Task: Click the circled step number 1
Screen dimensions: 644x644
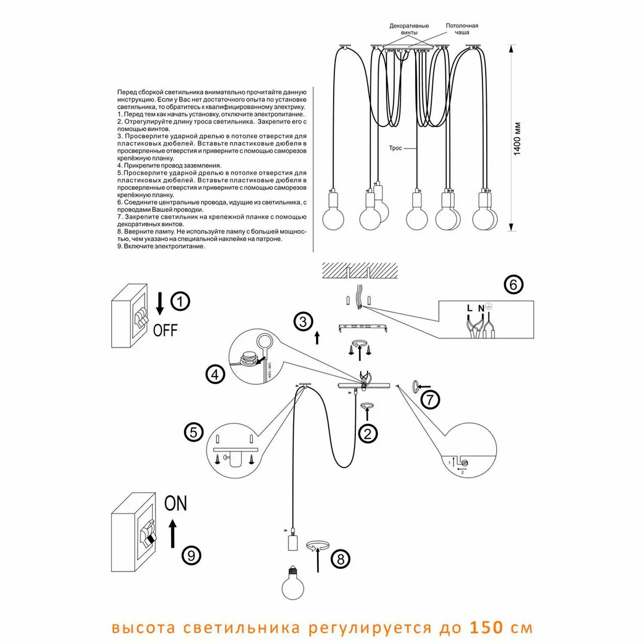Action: pos(180,302)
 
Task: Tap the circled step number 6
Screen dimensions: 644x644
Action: pos(514,285)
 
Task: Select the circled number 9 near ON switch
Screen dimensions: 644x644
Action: pos(191,556)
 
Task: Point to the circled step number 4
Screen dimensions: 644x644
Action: pos(215,374)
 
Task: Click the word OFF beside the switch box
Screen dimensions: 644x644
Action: pos(165,330)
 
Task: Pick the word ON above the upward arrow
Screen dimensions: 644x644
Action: pos(176,503)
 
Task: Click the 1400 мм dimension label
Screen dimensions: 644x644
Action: pos(517,139)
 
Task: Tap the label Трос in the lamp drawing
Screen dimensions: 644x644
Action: pos(395,148)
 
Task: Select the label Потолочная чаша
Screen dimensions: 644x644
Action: pos(462,29)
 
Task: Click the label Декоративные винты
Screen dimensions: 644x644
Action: pos(409,29)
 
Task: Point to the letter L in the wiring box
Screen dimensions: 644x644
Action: pos(470,308)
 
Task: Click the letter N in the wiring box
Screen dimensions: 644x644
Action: pos(481,309)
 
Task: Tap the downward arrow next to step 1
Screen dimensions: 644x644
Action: pos(160,304)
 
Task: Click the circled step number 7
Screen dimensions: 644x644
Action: pos(430,400)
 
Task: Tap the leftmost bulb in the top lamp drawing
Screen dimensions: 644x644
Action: pos(333,219)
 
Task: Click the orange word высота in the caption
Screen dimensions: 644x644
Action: pos(143,628)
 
